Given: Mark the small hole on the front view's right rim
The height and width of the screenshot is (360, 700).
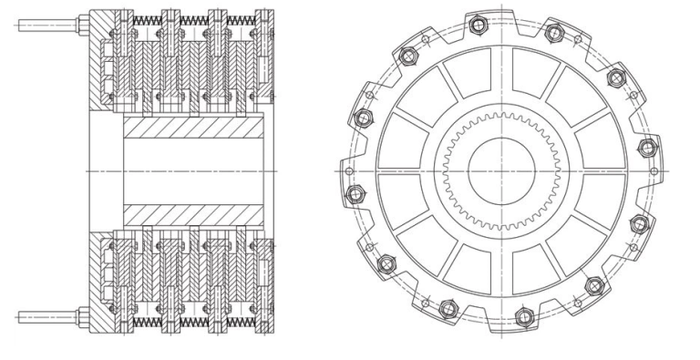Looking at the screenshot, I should click(x=654, y=170).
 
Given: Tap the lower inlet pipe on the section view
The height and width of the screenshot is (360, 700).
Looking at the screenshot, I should click(x=46, y=316).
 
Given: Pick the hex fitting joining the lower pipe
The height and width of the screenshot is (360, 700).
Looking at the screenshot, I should click(x=82, y=316).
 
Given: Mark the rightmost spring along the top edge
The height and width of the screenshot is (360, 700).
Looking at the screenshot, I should click(x=240, y=19).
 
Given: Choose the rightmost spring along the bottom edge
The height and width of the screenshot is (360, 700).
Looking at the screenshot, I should click(x=240, y=323).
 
